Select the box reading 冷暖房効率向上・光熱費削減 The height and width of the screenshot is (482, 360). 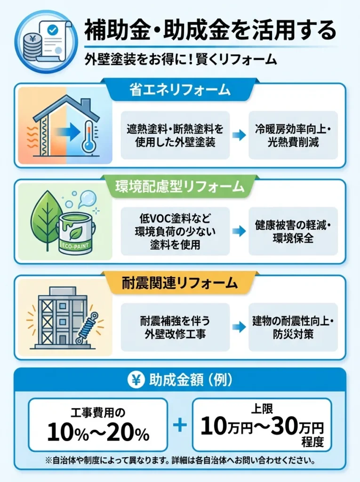293,135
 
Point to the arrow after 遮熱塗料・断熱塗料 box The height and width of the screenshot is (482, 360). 239,135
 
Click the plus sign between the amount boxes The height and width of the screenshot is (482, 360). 180,426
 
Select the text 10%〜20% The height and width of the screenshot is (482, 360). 98,431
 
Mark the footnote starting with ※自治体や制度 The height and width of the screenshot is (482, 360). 180,459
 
